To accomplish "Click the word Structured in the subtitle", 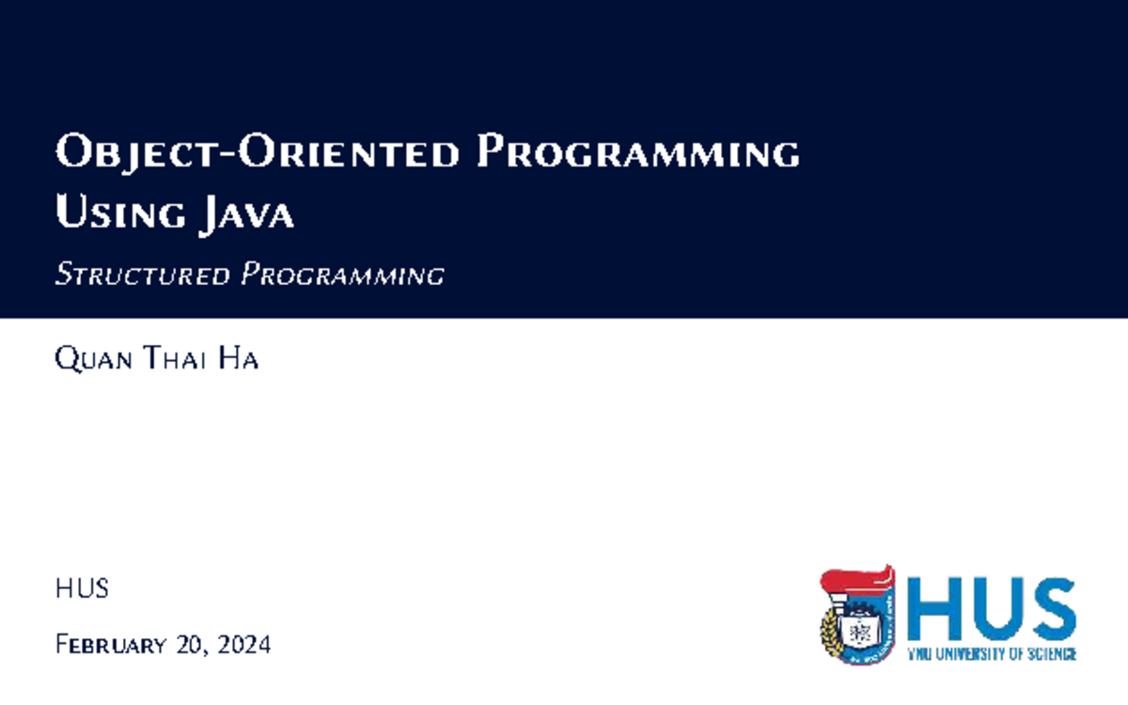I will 142,275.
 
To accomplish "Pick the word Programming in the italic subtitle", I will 342,275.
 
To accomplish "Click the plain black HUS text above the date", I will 82,589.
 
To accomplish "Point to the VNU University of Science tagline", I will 992,653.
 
